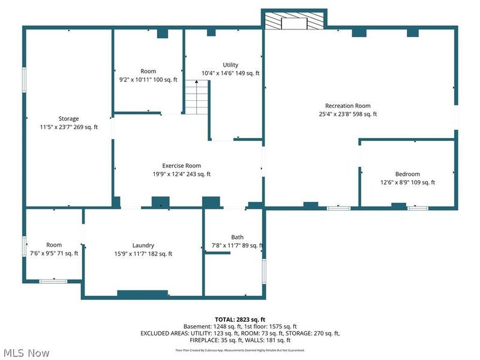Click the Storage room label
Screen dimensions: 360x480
(x=68, y=118)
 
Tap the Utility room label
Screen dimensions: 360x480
(x=230, y=65)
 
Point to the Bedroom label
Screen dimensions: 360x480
(x=407, y=174)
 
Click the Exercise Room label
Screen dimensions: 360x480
(x=181, y=166)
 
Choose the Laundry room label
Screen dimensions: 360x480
(x=143, y=245)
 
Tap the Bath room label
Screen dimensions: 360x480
(x=238, y=237)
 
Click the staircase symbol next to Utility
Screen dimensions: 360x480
(x=196, y=98)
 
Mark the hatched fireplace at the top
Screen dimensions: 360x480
(x=295, y=22)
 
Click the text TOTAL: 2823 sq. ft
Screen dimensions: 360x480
(x=239, y=319)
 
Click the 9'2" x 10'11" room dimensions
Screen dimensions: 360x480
(x=148, y=80)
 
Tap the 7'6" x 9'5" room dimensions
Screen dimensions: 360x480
(x=54, y=253)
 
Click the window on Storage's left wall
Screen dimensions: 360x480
(x=25, y=79)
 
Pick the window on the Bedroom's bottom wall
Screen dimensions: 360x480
(x=418, y=208)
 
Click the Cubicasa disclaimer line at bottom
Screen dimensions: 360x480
(x=239, y=350)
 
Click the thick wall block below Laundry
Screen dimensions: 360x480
(x=142, y=293)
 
